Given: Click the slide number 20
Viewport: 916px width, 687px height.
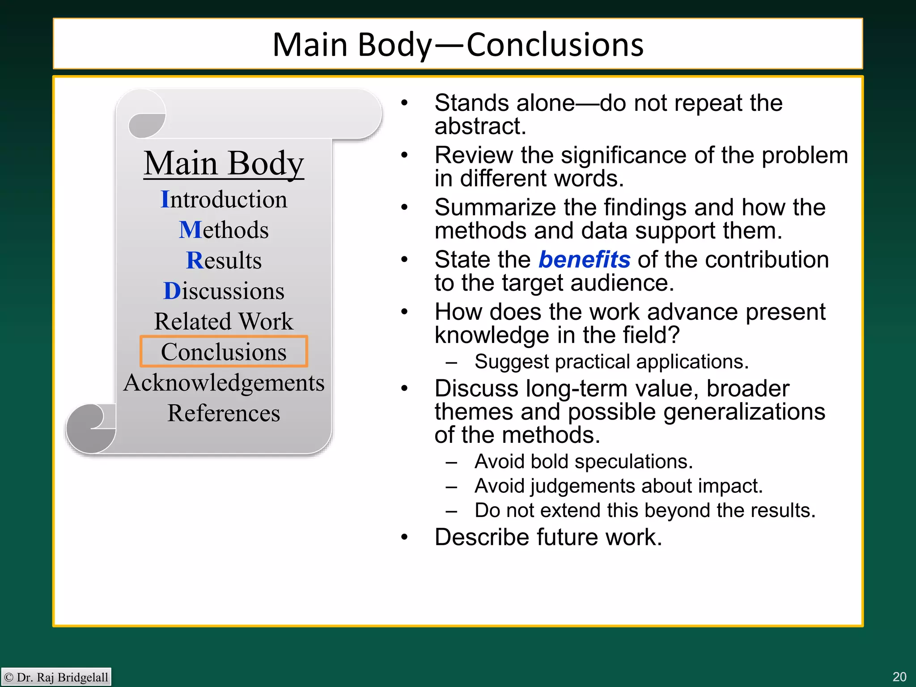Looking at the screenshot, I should point(899,677).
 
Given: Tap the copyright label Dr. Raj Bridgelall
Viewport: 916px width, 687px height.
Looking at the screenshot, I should point(56,677).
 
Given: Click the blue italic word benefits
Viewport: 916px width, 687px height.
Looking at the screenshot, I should point(584,259).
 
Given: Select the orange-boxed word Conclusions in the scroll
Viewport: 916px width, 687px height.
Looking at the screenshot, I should point(224,352).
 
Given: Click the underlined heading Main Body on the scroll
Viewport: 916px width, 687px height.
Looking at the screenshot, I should point(224,163).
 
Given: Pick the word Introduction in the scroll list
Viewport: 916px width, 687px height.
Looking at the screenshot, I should point(224,199).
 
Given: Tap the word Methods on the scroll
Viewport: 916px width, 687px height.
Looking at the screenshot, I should point(224,230).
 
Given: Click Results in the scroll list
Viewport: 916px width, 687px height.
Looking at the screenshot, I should point(224,260).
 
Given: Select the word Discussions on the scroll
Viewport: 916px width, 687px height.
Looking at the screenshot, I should point(224,291).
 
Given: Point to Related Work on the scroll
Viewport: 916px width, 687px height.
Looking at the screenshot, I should point(224,321).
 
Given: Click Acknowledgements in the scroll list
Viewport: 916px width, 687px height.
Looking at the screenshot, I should point(224,383).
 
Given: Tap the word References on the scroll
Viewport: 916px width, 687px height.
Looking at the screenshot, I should point(224,413).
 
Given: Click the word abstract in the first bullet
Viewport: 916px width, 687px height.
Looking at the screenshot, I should point(479,127).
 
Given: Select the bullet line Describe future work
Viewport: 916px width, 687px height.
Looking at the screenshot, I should point(548,537).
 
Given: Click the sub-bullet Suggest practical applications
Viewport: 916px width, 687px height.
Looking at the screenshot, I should point(611,361).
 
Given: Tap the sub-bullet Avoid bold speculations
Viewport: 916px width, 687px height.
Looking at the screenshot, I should point(583,462).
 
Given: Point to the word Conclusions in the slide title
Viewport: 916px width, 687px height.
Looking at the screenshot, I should point(555,45).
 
